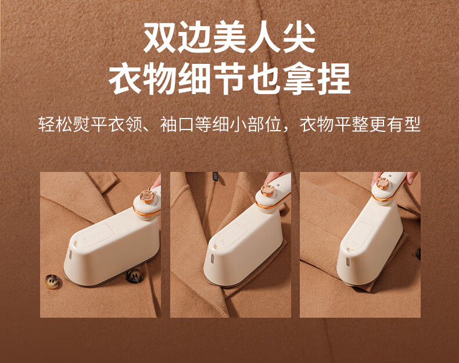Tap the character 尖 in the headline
299,37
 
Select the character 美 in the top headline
229,37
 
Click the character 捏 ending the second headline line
334,78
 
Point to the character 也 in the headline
264,78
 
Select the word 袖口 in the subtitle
177,124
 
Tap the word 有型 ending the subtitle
404,124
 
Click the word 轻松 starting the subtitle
55,124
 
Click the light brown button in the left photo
52,282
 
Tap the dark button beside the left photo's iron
135,276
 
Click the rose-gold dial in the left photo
147,196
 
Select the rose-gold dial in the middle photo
267,190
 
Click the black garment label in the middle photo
216,177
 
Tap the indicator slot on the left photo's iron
70,255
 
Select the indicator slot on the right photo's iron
348,261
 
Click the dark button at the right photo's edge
418,254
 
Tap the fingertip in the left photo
157,181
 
